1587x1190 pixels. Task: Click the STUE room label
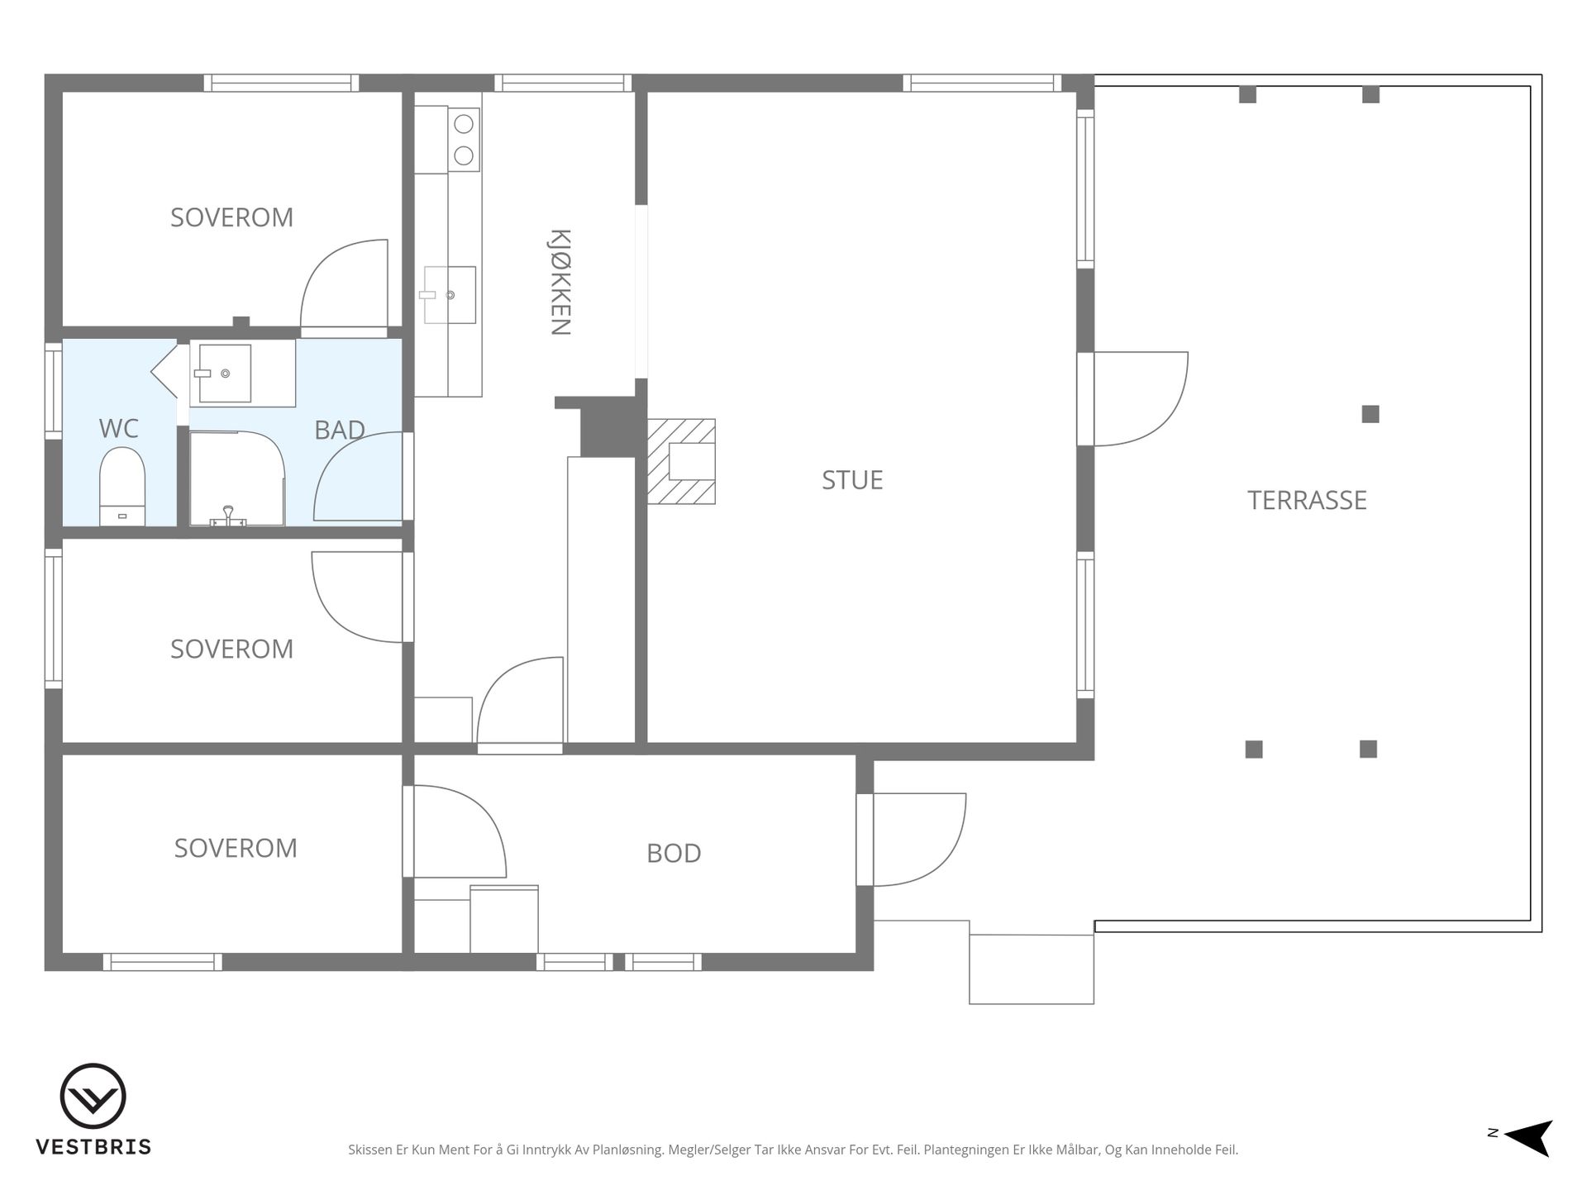click(x=852, y=480)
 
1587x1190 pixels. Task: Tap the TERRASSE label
click(x=1307, y=500)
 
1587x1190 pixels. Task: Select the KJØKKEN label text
click(x=560, y=282)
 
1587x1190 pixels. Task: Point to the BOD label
click(x=674, y=853)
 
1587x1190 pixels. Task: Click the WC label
click(x=118, y=428)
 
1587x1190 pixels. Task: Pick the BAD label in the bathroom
click(x=340, y=430)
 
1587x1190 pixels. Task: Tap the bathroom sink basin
click(x=225, y=374)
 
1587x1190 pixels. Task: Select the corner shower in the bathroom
click(x=237, y=478)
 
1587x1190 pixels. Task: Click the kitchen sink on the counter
click(x=450, y=295)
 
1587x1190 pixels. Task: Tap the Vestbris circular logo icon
click(x=93, y=1096)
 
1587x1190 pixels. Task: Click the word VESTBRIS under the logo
click(x=93, y=1147)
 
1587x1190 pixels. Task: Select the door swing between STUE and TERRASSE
click(x=1141, y=399)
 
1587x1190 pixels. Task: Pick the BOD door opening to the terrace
click(x=919, y=840)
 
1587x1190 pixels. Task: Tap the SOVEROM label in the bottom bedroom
click(x=236, y=848)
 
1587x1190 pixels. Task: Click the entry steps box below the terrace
click(x=1031, y=969)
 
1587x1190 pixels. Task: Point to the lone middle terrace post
click(x=1370, y=414)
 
